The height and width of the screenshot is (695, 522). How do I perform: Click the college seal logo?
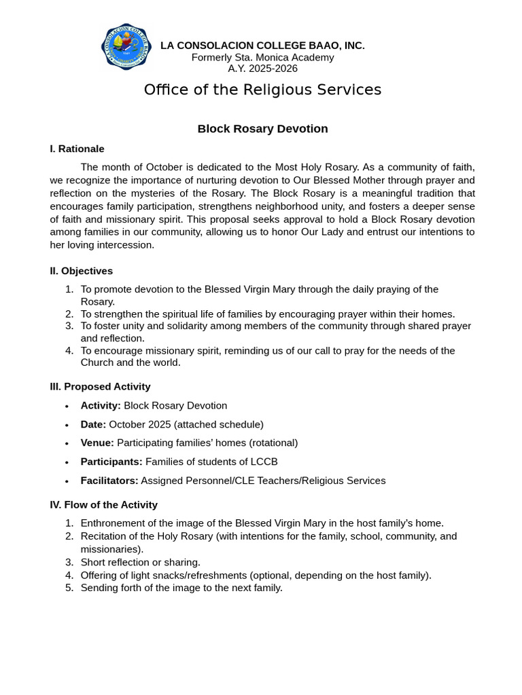pyautogui.click(x=125, y=46)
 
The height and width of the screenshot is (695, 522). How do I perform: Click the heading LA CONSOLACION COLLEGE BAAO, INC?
pyautogui.click(x=262, y=45)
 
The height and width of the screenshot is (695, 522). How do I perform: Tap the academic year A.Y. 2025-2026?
pyautogui.click(x=262, y=69)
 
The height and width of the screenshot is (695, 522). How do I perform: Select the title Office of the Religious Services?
pyautogui.click(x=262, y=90)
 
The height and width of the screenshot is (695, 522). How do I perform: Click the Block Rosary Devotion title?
pyautogui.click(x=262, y=129)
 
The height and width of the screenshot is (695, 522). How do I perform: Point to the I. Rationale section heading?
pyautogui.click(x=77, y=149)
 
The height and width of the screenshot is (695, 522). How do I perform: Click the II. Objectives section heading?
pyautogui.click(x=81, y=271)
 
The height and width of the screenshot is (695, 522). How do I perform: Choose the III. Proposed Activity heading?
pyautogui.click(x=100, y=387)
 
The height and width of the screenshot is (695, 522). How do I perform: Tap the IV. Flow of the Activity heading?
pyautogui.click(x=103, y=505)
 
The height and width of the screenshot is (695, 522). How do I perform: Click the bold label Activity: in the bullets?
pyautogui.click(x=101, y=406)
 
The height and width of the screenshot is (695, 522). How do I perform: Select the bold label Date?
pyautogui.click(x=93, y=425)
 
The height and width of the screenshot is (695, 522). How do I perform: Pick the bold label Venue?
pyautogui.click(x=97, y=443)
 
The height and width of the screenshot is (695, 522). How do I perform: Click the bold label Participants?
pyautogui.click(x=111, y=462)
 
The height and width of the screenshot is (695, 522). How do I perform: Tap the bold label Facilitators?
pyautogui.click(x=109, y=481)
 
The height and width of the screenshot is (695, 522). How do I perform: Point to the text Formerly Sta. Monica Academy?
pyautogui.click(x=262, y=58)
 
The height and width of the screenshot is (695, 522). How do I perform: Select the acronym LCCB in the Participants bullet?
pyautogui.click(x=264, y=462)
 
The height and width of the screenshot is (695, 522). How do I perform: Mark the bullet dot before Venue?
pyautogui.click(x=67, y=444)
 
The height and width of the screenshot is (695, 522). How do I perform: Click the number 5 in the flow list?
pyautogui.click(x=69, y=588)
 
